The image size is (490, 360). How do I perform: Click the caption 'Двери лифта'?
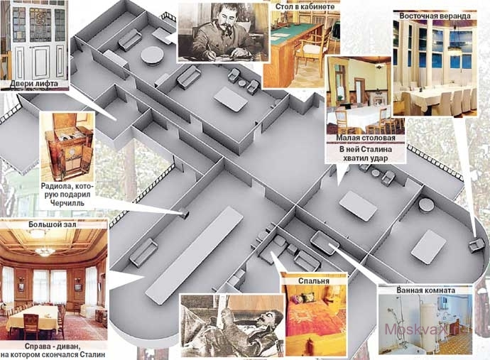[34, 84]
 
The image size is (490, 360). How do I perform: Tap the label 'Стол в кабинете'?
[305, 6]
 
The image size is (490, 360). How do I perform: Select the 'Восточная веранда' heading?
[435, 16]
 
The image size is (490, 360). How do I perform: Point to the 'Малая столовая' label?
[365, 138]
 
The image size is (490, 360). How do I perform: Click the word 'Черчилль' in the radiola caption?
[67, 203]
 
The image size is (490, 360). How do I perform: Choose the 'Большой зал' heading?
[52, 224]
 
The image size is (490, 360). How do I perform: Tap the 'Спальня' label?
[313, 281]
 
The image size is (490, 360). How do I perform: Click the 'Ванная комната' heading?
[425, 290]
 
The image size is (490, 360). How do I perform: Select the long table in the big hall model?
[195, 255]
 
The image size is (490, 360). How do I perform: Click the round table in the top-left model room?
[151, 55]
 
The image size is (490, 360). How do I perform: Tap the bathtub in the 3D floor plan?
[325, 242]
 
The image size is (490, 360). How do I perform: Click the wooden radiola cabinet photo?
[68, 146]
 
